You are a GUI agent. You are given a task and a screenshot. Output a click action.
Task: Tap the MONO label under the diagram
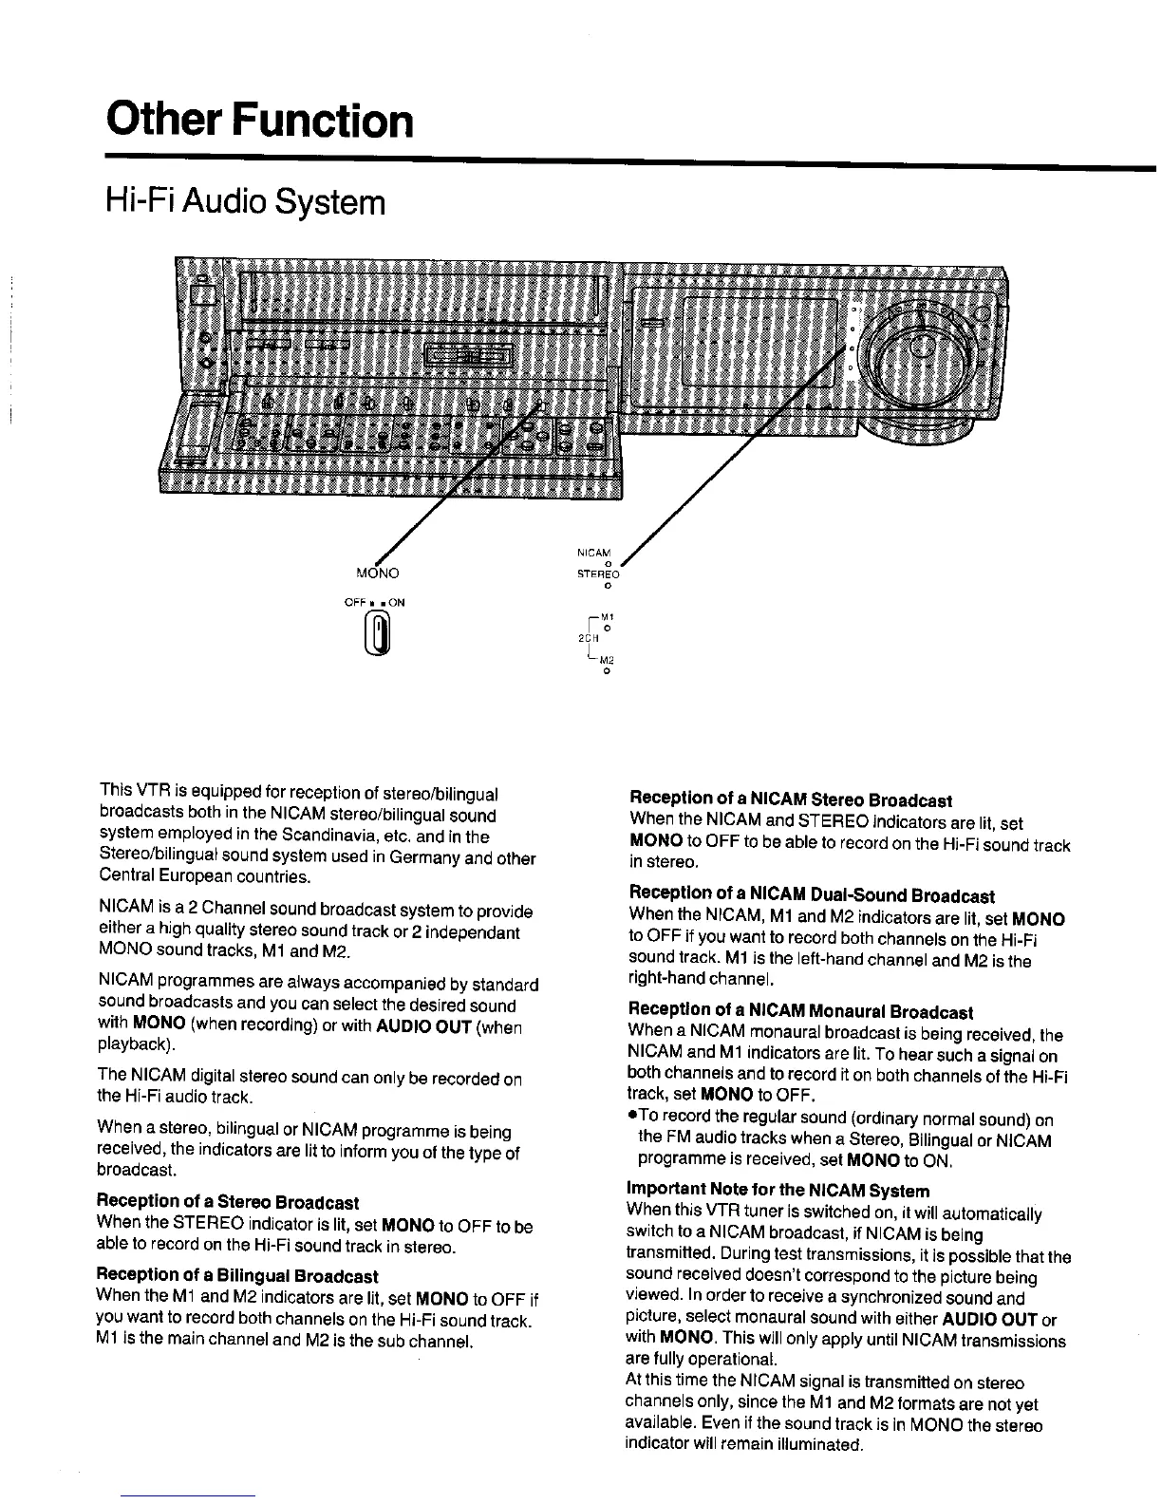377,573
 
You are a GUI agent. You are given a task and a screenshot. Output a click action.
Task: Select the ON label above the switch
396,601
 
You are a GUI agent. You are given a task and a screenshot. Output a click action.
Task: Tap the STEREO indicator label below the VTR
598,574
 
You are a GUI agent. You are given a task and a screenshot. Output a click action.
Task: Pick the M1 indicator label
605,618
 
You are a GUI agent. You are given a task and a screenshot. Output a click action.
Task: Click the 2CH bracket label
587,637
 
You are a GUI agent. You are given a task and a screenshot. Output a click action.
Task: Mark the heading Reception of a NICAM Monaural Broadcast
800,1012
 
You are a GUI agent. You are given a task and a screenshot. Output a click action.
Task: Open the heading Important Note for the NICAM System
778,1190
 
